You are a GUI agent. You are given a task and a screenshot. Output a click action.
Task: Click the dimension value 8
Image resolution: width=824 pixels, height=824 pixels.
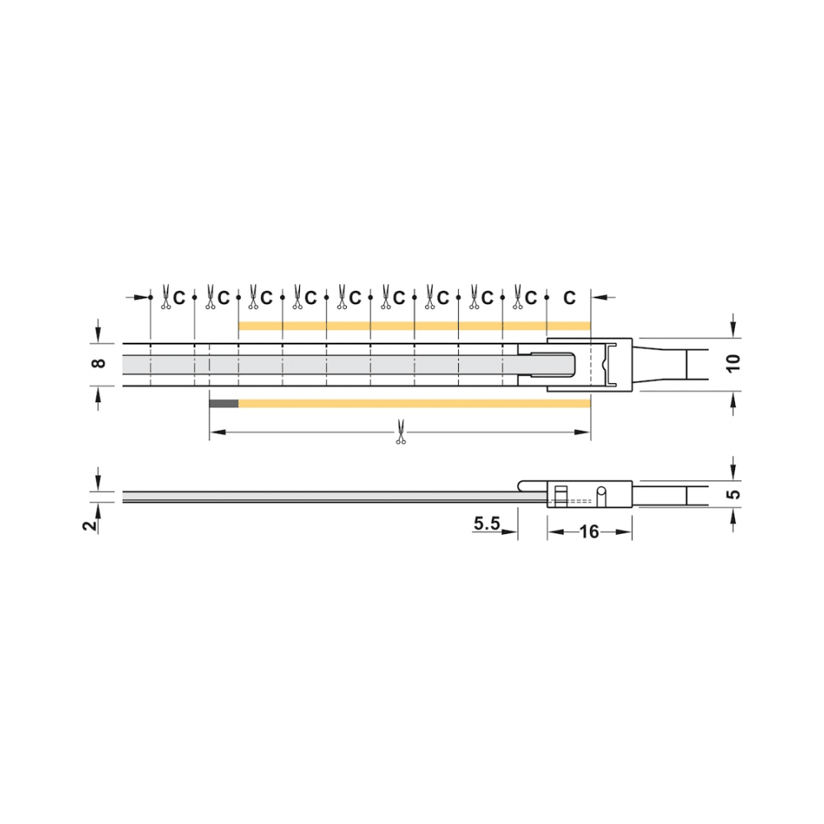tap(99, 363)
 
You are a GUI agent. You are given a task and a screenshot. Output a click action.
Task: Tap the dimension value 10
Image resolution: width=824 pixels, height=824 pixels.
tap(733, 363)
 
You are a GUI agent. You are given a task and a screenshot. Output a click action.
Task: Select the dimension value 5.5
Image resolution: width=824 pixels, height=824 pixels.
tap(487, 523)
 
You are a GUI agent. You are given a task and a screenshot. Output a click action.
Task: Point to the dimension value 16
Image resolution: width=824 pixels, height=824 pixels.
tap(589, 531)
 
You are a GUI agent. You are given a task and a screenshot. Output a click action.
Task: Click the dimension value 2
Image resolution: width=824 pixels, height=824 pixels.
tap(91, 524)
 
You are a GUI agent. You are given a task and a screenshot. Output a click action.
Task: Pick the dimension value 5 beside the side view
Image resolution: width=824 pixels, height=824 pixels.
tap(734, 494)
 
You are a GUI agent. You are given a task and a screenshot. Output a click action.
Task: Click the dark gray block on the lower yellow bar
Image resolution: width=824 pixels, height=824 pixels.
tap(224, 404)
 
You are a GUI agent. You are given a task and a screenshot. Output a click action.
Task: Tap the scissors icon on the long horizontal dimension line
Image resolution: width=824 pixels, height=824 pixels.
tap(400, 432)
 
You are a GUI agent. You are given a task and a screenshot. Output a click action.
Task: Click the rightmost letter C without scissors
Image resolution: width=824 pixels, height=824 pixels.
tap(569, 298)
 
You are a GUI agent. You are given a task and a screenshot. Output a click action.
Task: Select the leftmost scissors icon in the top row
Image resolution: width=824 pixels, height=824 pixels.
tap(166, 297)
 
